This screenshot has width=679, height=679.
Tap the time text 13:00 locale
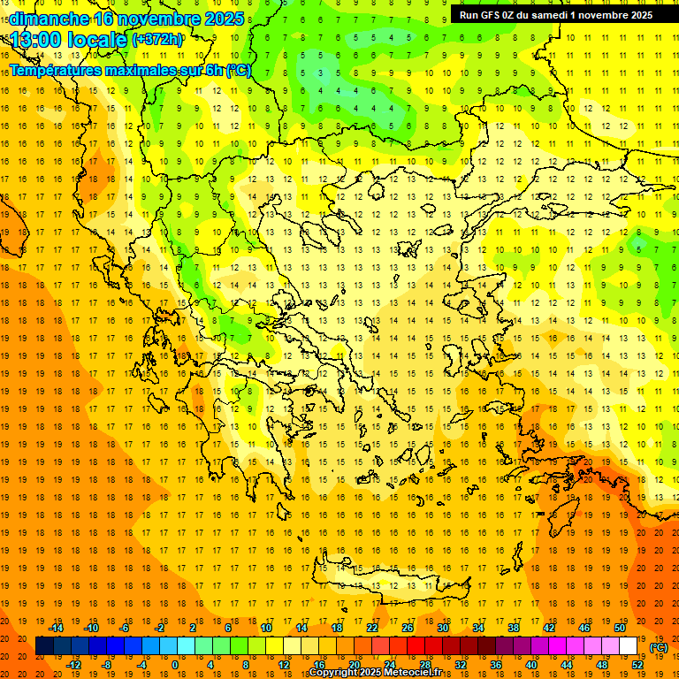tap(69, 39)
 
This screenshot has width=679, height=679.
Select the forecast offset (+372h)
tap(157, 40)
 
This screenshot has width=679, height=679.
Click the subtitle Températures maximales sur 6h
tap(115, 70)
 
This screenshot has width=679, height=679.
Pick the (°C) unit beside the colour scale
tap(658, 647)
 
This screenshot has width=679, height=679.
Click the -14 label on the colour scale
tap(56, 628)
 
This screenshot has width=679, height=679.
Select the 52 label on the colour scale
tap(637, 664)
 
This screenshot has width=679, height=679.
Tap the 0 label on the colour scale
tap(174, 664)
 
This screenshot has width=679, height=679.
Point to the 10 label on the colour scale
tap(265, 628)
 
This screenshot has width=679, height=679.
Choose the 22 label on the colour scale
tap(372, 628)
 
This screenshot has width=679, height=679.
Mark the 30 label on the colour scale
tap(443, 628)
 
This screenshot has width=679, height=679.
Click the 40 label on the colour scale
tap(531, 664)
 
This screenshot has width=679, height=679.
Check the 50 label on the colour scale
tap(620, 628)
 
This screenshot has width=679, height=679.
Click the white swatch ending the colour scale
tap(629, 646)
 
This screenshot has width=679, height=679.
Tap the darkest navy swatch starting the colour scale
tap(44, 646)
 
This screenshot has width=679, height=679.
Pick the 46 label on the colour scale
tap(584, 628)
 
